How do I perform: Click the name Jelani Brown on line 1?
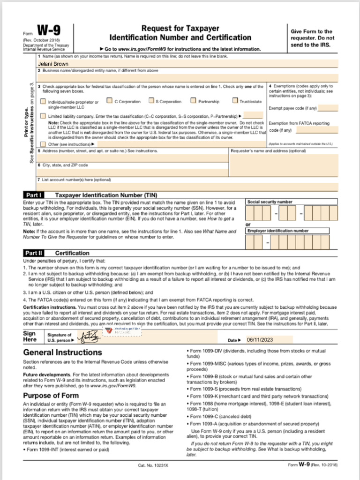tap(53, 64)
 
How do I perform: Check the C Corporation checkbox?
tap(109, 100)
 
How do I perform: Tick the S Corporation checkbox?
tap(151, 100)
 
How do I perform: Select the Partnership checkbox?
tap(193, 100)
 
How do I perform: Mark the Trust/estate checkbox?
tap(235, 100)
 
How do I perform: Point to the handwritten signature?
tap(87, 336)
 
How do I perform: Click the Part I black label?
tap(34, 195)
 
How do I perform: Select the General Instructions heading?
tap(62, 352)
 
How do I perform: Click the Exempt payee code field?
tap(328, 108)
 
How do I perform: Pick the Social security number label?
tap(270, 202)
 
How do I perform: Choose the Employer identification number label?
tap(278, 231)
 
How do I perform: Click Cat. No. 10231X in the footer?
tap(154, 465)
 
